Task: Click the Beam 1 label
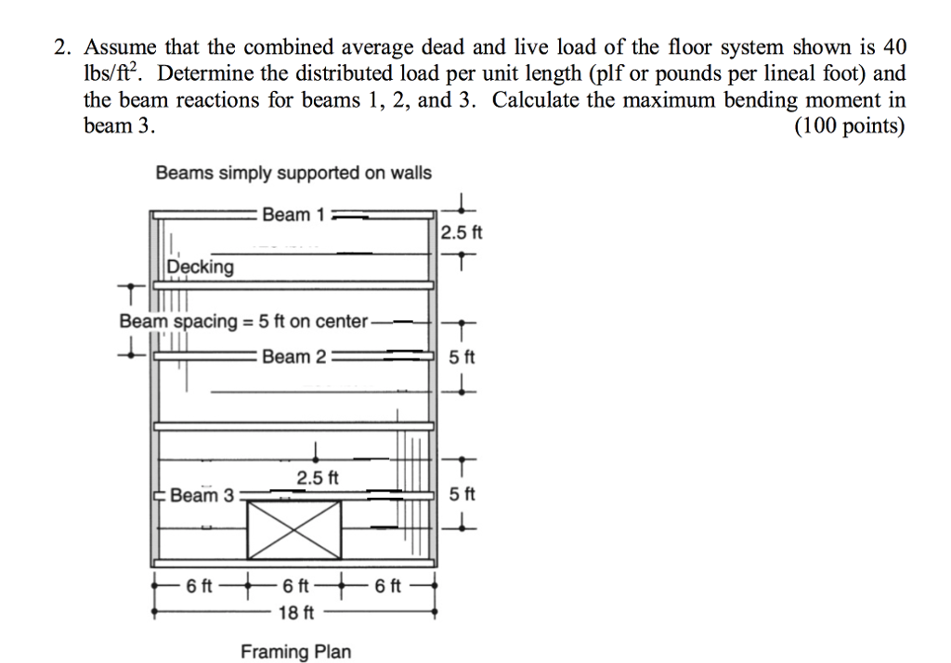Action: pos(292,214)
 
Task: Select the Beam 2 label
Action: pos(293,357)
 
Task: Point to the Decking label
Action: pos(201,267)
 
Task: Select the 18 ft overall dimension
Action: pos(296,613)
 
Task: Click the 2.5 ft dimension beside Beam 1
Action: pos(462,231)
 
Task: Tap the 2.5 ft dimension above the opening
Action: pos(318,478)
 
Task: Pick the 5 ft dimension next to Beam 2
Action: pos(462,357)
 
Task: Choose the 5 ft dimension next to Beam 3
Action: pos(462,494)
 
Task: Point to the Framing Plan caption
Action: pos(296,651)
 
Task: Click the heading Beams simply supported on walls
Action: pos(293,173)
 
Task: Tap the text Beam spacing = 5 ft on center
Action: pos(243,321)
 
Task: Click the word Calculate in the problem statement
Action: pos(537,99)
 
